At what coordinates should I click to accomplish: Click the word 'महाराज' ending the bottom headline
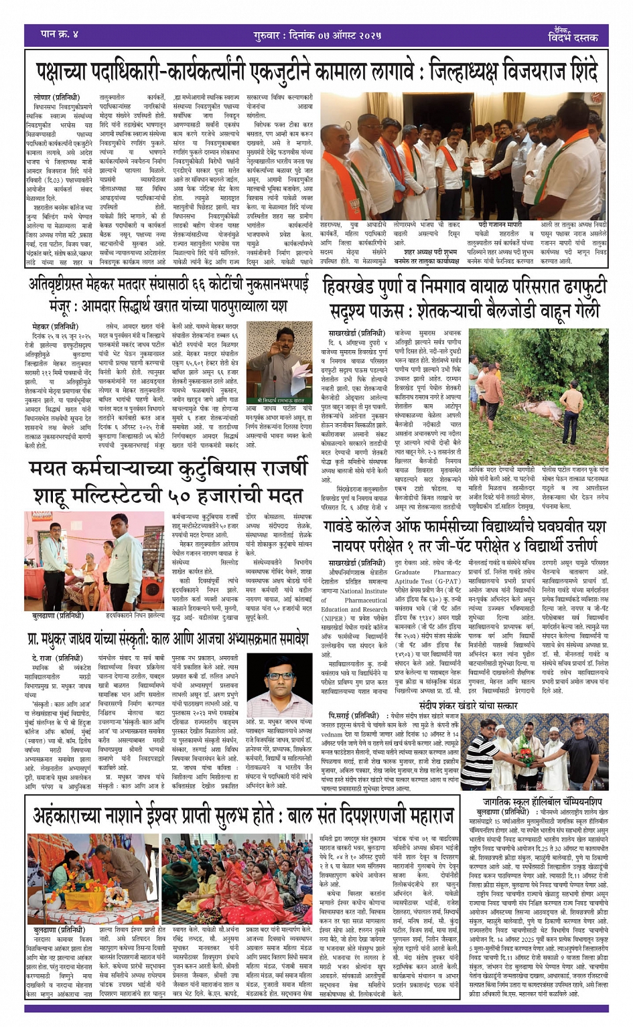tap(415, 815)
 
